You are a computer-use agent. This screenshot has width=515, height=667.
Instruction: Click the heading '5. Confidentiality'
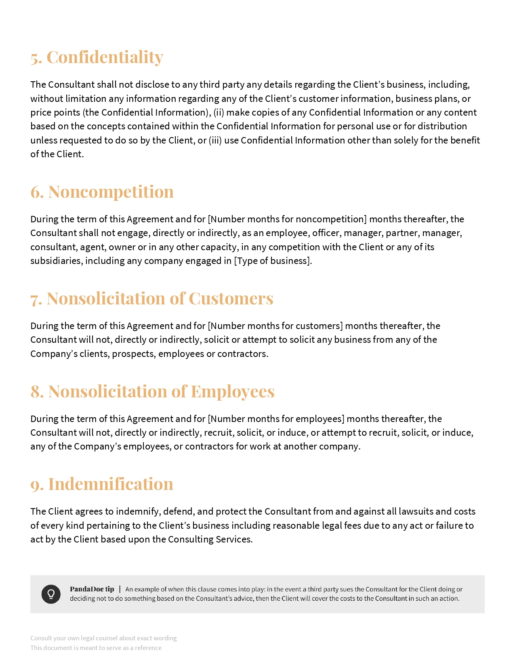coord(97,57)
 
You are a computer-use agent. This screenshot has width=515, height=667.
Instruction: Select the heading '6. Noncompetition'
coord(102,192)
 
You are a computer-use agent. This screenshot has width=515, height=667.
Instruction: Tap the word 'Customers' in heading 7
coord(231,298)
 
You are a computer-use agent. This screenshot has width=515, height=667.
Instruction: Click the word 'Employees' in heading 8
coord(232,391)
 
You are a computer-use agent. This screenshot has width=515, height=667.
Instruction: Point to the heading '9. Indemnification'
coord(102,484)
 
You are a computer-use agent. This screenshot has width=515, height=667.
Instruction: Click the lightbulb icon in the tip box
coord(51,594)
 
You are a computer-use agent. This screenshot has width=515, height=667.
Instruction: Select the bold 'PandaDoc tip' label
coord(92,589)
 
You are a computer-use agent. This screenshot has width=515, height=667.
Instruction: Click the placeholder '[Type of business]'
coord(273,261)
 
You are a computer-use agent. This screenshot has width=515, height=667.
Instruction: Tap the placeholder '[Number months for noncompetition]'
coord(287,219)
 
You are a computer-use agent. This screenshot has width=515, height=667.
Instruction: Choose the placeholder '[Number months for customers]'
coord(275,326)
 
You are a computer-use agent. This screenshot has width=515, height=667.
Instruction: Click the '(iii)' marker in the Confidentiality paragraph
coord(215,140)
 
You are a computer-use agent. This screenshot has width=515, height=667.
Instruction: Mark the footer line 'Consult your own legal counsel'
coord(103,638)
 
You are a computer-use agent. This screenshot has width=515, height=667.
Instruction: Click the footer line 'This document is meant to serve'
coord(96,648)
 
